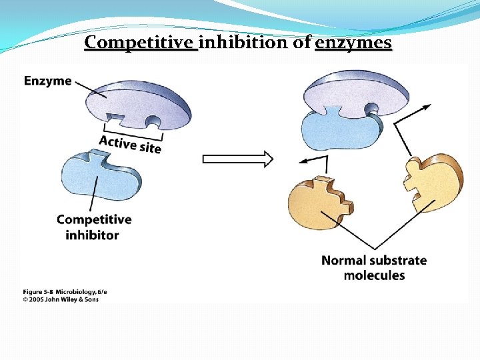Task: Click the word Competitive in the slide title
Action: [141, 43]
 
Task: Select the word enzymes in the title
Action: [353, 43]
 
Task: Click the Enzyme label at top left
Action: [47, 81]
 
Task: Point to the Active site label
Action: [130, 143]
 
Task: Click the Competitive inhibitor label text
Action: [93, 227]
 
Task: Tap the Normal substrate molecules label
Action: [374, 267]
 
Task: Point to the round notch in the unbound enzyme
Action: [153, 123]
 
